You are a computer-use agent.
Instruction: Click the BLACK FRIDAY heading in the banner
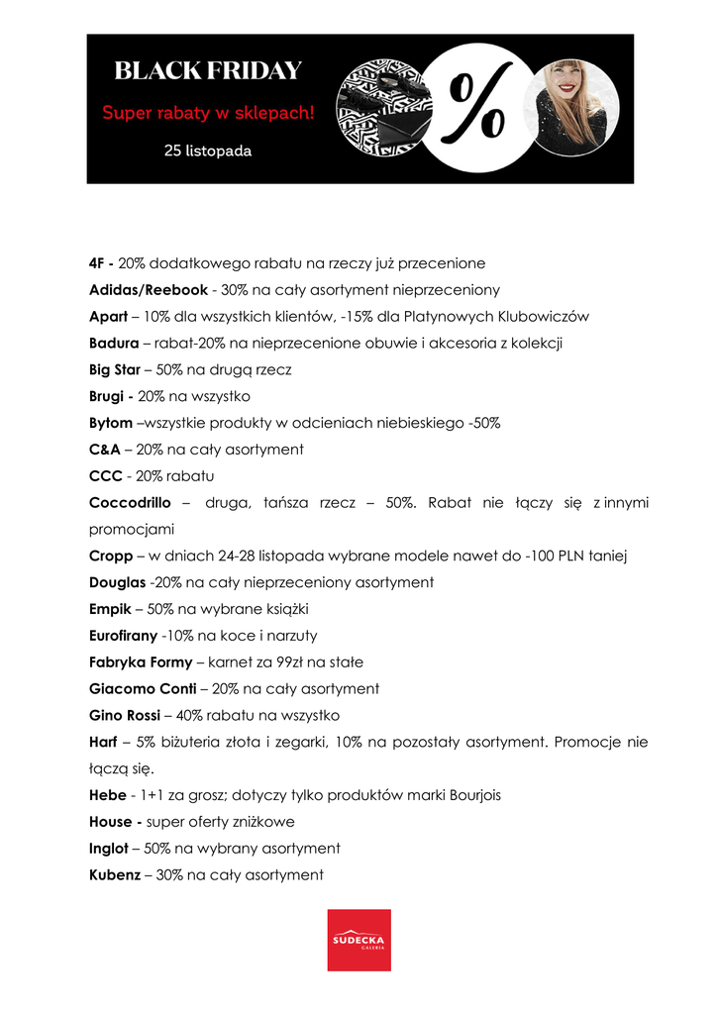pos(208,71)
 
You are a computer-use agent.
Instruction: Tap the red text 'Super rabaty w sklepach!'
pos(208,113)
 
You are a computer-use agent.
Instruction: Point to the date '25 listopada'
pos(208,152)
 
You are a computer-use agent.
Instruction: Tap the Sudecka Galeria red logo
pos(359,940)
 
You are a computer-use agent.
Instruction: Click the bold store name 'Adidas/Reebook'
pos(149,290)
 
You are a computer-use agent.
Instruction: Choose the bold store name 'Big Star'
pos(115,369)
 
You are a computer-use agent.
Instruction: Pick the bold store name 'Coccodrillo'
pos(132,503)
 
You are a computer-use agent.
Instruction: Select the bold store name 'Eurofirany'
pos(123,636)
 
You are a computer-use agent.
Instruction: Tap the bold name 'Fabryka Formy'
pos(142,661)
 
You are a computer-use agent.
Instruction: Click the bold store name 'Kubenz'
pos(115,875)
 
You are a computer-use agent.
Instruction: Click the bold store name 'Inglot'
pos(109,849)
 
